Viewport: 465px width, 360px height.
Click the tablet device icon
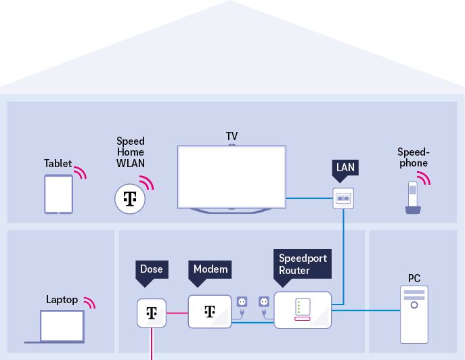click(x=59, y=194)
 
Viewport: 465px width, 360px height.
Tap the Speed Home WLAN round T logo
click(x=131, y=198)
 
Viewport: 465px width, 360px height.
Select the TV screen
click(x=231, y=176)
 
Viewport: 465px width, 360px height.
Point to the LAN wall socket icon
click(x=344, y=198)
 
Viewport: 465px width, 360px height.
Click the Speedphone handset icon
click(x=412, y=198)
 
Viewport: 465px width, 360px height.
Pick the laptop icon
click(x=62, y=327)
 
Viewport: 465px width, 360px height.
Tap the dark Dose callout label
click(x=151, y=269)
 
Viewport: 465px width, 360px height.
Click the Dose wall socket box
click(x=152, y=312)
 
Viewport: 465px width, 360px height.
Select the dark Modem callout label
click(x=210, y=269)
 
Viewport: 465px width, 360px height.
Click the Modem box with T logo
click(x=210, y=311)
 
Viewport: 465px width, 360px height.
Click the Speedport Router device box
click(x=303, y=309)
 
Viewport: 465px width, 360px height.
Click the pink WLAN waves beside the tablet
click(x=81, y=172)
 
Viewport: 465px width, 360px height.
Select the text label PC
click(x=414, y=278)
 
